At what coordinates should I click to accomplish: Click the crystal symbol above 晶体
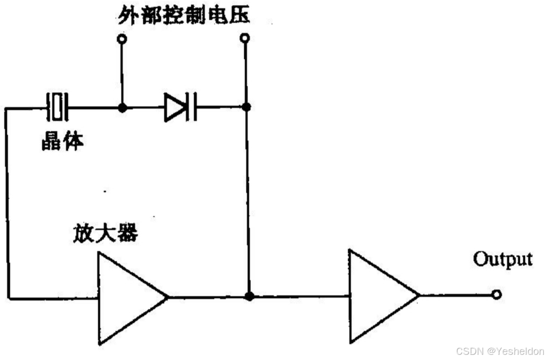click(x=57, y=108)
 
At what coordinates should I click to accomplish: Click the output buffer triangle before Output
click(x=380, y=296)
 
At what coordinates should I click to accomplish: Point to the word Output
click(x=503, y=258)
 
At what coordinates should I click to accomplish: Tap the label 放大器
click(x=105, y=234)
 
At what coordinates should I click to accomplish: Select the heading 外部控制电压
click(x=183, y=15)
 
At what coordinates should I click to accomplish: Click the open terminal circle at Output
click(x=496, y=295)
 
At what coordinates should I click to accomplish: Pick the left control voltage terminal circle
click(x=122, y=39)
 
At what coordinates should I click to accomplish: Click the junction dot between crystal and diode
click(x=122, y=108)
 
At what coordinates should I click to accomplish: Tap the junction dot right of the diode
click(x=247, y=107)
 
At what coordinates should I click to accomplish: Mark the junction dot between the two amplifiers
click(x=249, y=297)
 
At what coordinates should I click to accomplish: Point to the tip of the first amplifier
click(x=167, y=297)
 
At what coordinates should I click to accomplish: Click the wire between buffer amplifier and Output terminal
click(x=455, y=295)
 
